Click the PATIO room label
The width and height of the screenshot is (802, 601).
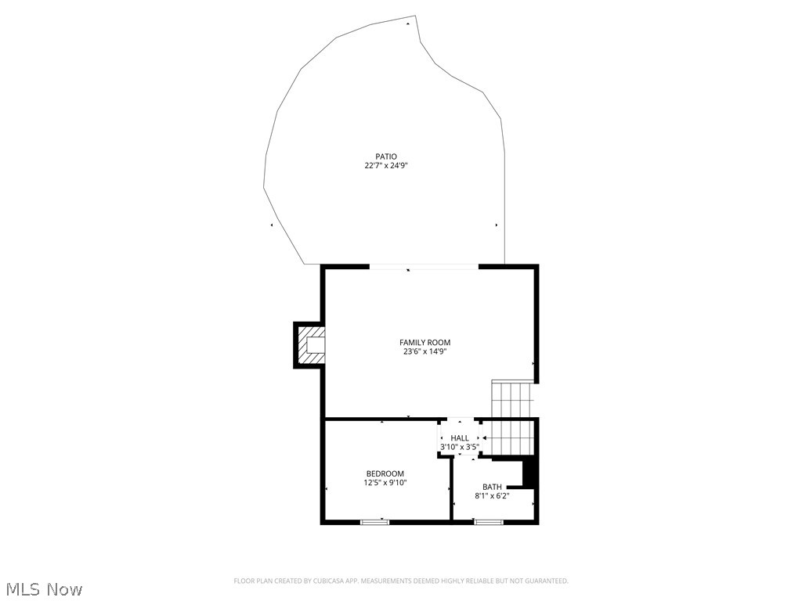point(385,157)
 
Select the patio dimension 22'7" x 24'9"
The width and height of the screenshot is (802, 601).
point(385,166)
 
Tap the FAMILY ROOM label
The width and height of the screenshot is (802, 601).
point(424,343)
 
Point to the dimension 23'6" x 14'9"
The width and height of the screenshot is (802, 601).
point(424,352)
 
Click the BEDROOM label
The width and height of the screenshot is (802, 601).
point(385,473)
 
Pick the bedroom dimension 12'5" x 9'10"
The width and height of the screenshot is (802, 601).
point(385,483)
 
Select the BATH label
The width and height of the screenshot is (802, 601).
point(492,487)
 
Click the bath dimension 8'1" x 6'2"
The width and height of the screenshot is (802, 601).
point(492,496)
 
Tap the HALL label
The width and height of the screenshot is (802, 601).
point(460,438)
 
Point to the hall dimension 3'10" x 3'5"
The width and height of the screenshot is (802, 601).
point(460,448)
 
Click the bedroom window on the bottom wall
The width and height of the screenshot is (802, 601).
point(374,521)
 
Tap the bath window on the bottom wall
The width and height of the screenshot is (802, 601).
point(489,521)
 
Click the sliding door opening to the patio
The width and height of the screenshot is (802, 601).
point(424,268)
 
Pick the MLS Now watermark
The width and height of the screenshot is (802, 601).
point(43,588)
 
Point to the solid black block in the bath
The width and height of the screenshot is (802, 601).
point(530,474)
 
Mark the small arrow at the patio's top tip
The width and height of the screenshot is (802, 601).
point(407,23)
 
